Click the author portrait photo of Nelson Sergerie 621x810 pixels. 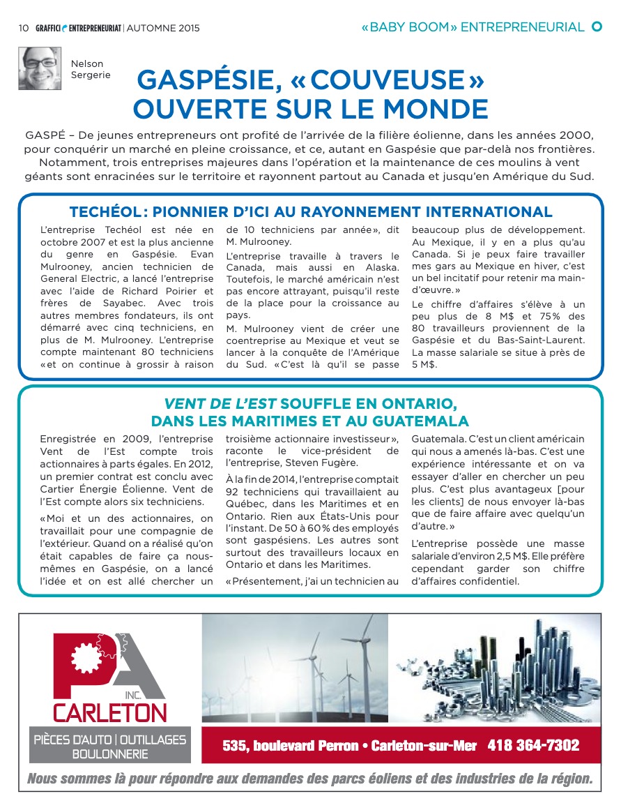40,68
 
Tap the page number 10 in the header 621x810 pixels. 23,29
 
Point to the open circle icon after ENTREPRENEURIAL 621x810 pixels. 597,27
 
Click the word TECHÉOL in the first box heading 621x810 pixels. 105,212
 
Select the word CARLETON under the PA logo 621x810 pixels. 110,712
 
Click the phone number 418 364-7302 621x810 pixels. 533,746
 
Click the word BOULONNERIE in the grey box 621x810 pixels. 110,754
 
